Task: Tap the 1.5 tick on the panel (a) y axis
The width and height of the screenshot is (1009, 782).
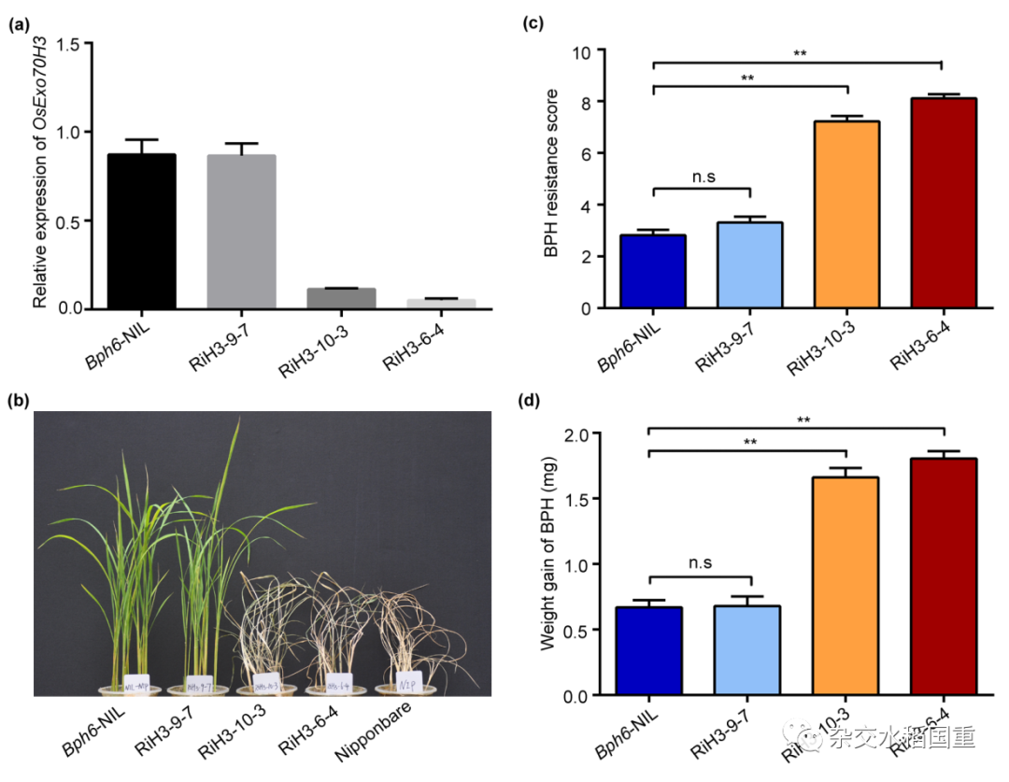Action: click(77, 44)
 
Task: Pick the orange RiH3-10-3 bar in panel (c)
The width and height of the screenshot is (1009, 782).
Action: click(846, 215)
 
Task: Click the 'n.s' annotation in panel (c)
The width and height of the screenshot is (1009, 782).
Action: click(702, 174)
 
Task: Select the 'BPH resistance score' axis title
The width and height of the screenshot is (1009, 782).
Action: click(553, 173)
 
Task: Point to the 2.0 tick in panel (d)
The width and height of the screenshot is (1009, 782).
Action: click(593, 434)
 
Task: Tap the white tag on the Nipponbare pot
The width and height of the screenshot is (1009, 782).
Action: click(408, 679)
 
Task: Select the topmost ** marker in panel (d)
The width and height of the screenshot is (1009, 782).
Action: click(799, 420)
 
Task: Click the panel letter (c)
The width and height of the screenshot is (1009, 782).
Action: click(533, 24)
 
